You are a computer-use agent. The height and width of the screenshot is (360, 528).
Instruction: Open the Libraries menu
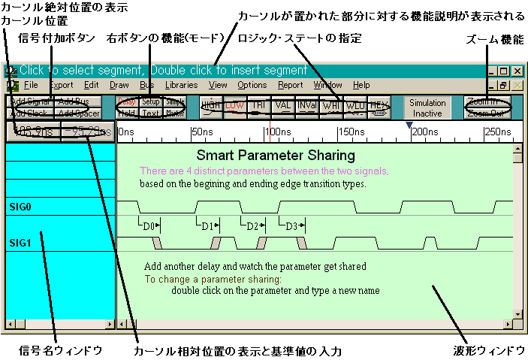[x=181, y=85]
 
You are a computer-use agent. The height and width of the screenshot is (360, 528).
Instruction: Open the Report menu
[x=291, y=85]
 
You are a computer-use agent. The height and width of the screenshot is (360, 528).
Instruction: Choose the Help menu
[x=361, y=85]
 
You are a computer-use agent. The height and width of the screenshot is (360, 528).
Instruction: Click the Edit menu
[x=92, y=85]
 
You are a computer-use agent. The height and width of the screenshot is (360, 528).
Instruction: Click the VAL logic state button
[x=283, y=104]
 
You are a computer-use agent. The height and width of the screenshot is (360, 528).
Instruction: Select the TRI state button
[x=258, y=104]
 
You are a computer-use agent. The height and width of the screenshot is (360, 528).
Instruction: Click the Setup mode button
[x=150, y=101]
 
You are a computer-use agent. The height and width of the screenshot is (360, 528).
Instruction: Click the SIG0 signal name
[x=20, y=206]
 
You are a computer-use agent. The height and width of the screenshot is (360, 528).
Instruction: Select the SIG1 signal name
[x=20, y=242]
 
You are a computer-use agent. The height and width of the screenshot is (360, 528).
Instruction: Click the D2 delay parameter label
[x=253, y=225]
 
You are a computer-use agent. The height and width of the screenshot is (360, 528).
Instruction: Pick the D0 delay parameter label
[x=149, y=225]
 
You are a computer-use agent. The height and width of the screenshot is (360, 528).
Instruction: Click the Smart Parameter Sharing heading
[x=275, y=156]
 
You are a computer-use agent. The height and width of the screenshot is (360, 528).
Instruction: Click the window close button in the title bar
[x=516, y=71]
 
